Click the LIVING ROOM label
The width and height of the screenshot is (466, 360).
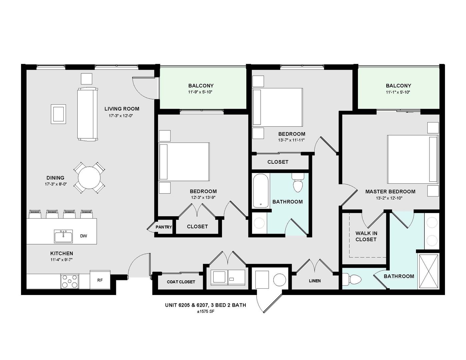(122, 109)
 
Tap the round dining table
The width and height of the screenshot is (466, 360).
(89, 178)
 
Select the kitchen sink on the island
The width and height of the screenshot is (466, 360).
(63, 236)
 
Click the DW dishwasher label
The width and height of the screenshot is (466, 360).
(84, 236)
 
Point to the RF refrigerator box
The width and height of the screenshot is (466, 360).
(100, 280)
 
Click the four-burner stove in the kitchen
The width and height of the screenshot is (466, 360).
(70, 281)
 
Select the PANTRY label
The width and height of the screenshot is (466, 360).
(164, 227)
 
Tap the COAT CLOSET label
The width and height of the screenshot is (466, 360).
(181, 282)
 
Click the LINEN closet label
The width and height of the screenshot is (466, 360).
(315, 281)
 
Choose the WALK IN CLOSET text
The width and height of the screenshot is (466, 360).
(366, 236)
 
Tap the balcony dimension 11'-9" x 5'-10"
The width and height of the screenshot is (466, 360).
(201, 92)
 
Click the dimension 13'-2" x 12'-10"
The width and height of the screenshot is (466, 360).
(390, 198)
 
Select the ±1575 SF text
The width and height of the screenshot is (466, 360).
(205, 311)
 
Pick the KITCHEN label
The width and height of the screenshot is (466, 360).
(62, 253)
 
